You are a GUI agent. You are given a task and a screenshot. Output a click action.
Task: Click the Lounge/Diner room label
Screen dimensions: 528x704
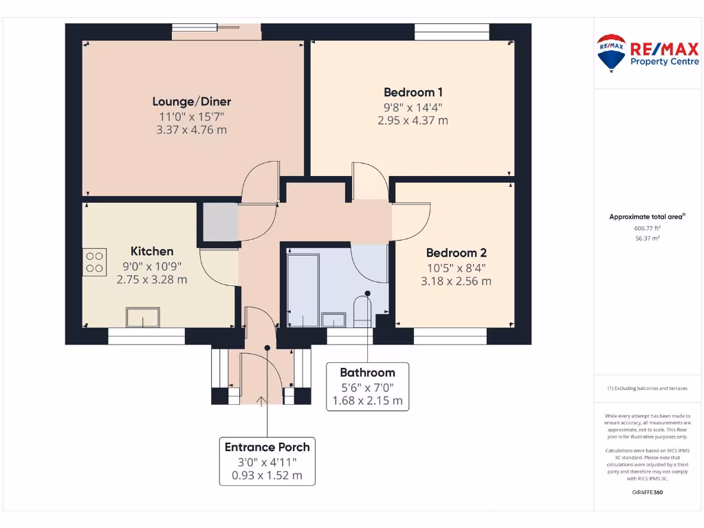point(191,102)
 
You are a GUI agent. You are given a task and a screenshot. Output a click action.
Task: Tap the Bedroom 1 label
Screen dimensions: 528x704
point(412,92)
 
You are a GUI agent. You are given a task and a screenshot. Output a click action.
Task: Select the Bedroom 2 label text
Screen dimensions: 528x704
point(456,252)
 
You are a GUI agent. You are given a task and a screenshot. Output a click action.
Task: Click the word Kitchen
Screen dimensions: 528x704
point(152,251)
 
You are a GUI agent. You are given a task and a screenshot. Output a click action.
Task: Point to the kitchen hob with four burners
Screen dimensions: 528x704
point(95,262)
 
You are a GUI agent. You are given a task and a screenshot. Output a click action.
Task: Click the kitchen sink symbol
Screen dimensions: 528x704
point(142,317)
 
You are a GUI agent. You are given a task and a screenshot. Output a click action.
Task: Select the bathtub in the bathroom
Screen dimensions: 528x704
point(302,289)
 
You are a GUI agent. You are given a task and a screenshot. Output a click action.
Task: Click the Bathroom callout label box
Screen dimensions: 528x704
point(367,386)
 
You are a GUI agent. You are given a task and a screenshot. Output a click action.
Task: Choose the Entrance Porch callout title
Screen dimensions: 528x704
point(267,447)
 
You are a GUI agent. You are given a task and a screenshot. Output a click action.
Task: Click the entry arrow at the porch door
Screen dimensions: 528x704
point(261,404)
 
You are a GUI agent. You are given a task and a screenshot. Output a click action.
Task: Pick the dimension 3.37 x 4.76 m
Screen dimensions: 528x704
point(191,129)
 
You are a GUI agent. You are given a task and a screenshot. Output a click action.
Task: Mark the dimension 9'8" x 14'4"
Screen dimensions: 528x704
point(412,107)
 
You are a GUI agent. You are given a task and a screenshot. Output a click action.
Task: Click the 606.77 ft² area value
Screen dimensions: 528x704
point(647,228)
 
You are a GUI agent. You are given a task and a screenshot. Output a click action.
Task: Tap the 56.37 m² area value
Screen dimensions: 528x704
point(647,239)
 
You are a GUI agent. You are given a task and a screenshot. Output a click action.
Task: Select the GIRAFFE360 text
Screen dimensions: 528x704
point(647,492)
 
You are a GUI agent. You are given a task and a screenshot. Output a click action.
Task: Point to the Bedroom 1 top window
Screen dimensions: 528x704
point(452,29)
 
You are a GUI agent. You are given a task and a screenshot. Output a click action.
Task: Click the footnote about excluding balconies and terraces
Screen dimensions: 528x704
point(647,388)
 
